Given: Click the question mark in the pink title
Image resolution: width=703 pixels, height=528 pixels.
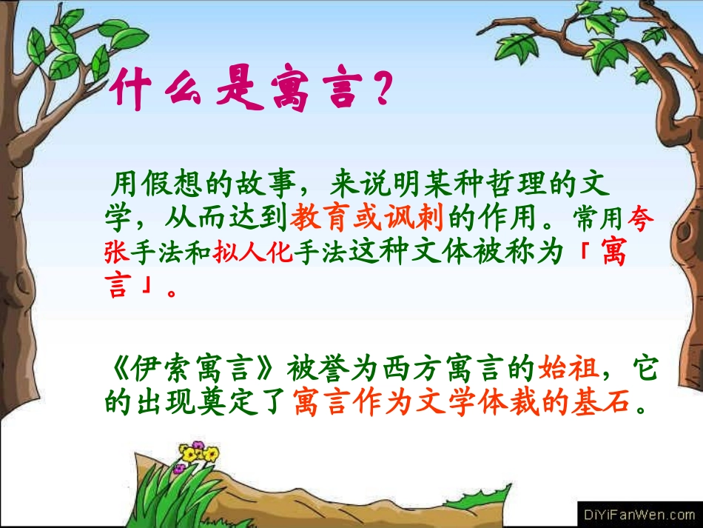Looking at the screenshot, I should tap(377, 91).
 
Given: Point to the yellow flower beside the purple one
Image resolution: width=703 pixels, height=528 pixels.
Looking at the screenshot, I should tap(211, 453).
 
